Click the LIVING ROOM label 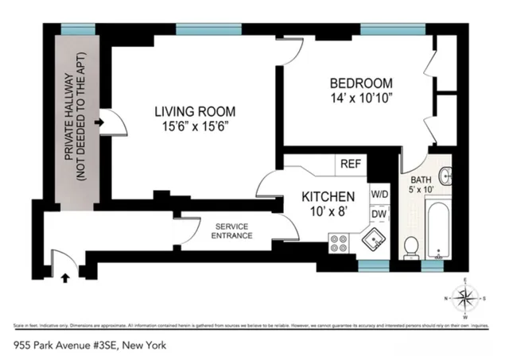tap(194, 111)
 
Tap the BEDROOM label tap(362, 83)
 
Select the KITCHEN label tap(327, 197)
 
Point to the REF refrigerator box tap(351, 164)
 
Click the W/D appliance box tap(379, 195)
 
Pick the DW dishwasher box tap(379, 214)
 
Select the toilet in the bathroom tap(411, 248)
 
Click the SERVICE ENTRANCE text tap(233, 231)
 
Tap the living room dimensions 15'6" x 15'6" tap(194, 126)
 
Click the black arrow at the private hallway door tap(97, 124)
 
